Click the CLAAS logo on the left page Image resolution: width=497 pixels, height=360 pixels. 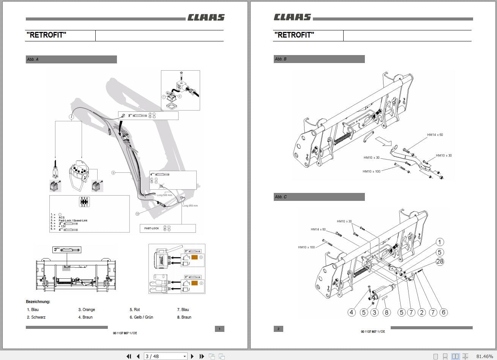pyautogui.click(x=206, y=17)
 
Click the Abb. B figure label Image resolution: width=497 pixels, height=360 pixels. pyautogui.click(x=281, y=59)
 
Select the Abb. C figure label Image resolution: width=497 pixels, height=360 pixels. pyautogui.click(x=281, y=197)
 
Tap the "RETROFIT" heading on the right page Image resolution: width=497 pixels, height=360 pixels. pyautogui.click(x=294, y=35)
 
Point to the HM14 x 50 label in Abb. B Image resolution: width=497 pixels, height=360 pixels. pyautogui.click(x=435, y=135)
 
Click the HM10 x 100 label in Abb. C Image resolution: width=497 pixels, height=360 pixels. pyautogui.click(x=306, y=247)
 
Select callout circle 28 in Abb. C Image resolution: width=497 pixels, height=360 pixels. pyautogui.click(x=440, y=261)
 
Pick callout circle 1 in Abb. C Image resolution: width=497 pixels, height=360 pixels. pyautogui.click(x=440, y=242)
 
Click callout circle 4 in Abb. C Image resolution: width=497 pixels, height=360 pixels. pyautogui.click(x=352, y=312)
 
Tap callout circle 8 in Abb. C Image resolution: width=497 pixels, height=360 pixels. pyautogui.click(x=387, y=312)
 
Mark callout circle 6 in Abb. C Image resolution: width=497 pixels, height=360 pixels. pyautogui.click(x=443, y=312)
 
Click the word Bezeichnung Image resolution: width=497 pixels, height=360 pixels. pyautogui.click(x=38, y=302)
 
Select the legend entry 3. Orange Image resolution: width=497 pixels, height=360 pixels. pyautogui.click(x=87, y=310)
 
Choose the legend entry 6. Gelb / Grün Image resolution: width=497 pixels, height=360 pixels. pyautogui.click(x=141, y=317)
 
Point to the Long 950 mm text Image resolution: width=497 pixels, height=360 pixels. pyautogui.click(x=190, y=206)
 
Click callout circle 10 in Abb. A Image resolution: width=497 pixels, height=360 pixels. pyautogui.click(x=137, y=214)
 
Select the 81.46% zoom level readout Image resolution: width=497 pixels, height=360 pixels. pyautogui.click(x=485, y=356)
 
